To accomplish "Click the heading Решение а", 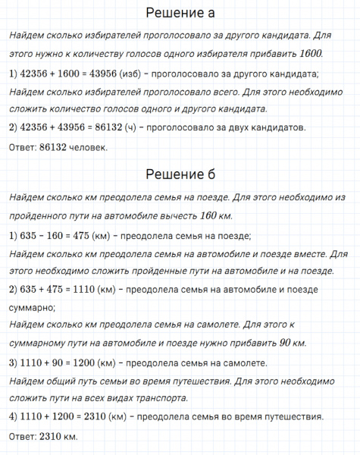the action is click(x=180, y=13).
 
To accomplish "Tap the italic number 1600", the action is click(x=311, y=54).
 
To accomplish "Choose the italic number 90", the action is click(x=283, y=344).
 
